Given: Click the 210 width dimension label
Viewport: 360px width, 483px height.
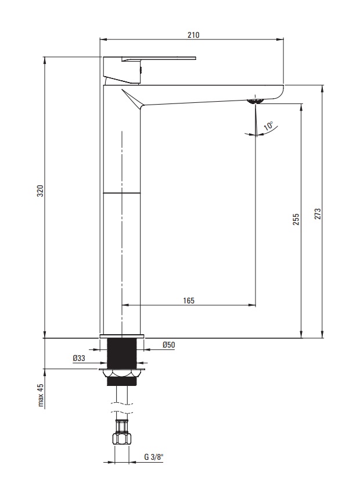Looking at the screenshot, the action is pos(193,35).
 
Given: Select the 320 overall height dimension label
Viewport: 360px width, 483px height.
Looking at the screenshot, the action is pos(40,191).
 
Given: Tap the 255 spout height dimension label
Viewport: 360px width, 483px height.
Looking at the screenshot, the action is pos(296,219).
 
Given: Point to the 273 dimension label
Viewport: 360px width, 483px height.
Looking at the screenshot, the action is pos(318,214).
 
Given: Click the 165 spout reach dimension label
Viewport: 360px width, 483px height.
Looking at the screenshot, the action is pos(189,300).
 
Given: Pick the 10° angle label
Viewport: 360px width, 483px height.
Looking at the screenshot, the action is pos(268,126).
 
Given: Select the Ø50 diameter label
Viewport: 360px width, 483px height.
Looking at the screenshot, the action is pos(168,345).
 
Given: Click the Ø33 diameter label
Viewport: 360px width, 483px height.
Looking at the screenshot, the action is pos(79,358).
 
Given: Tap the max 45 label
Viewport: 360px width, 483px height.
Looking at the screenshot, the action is pos(41,395).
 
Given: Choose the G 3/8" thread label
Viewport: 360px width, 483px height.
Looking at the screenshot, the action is pos(154,456).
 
